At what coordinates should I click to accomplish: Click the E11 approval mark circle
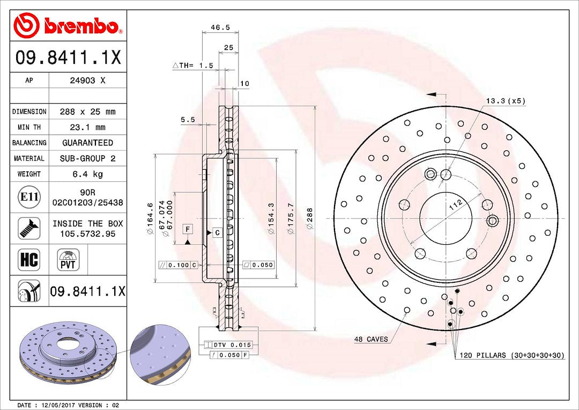[29, 197]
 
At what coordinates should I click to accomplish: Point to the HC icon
[29, 260]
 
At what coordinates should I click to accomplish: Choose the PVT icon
[68, 260]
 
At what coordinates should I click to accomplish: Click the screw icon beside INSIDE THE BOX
[29, 228]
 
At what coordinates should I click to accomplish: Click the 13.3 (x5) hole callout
[505, 100]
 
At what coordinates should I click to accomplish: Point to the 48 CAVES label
[370, 339]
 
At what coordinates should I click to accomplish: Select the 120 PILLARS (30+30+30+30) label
[511, 355]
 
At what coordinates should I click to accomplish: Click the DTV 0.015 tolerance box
[228, 345]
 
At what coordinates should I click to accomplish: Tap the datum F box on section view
[188, 229]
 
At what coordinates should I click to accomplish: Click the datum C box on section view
[217, 232]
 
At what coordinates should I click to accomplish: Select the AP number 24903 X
[87, 80]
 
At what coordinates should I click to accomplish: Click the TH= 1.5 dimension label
[193, 65]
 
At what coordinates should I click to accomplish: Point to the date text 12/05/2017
[57, 405]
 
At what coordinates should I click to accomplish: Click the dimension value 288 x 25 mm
[88, 112]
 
